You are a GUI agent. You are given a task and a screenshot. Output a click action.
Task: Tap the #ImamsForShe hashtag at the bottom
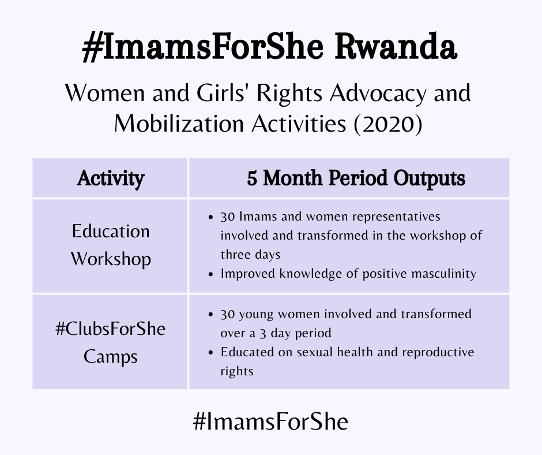tap(271, 422)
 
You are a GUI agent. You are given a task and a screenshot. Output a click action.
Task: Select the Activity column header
tap(111, 178)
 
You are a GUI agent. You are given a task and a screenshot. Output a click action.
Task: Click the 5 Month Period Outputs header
tap(356, 178)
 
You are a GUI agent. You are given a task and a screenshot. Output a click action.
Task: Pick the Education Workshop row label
tap(111, 245)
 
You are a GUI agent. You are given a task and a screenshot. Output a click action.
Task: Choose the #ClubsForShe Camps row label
tap(111, 342)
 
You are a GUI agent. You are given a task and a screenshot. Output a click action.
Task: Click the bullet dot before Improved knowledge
tap(212, 274)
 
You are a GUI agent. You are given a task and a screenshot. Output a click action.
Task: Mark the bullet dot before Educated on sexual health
tap(212, 352)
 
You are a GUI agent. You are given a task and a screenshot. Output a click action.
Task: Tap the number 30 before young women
tap(228, 315)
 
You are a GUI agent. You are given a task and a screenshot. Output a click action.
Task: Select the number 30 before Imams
tap(228, 218)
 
